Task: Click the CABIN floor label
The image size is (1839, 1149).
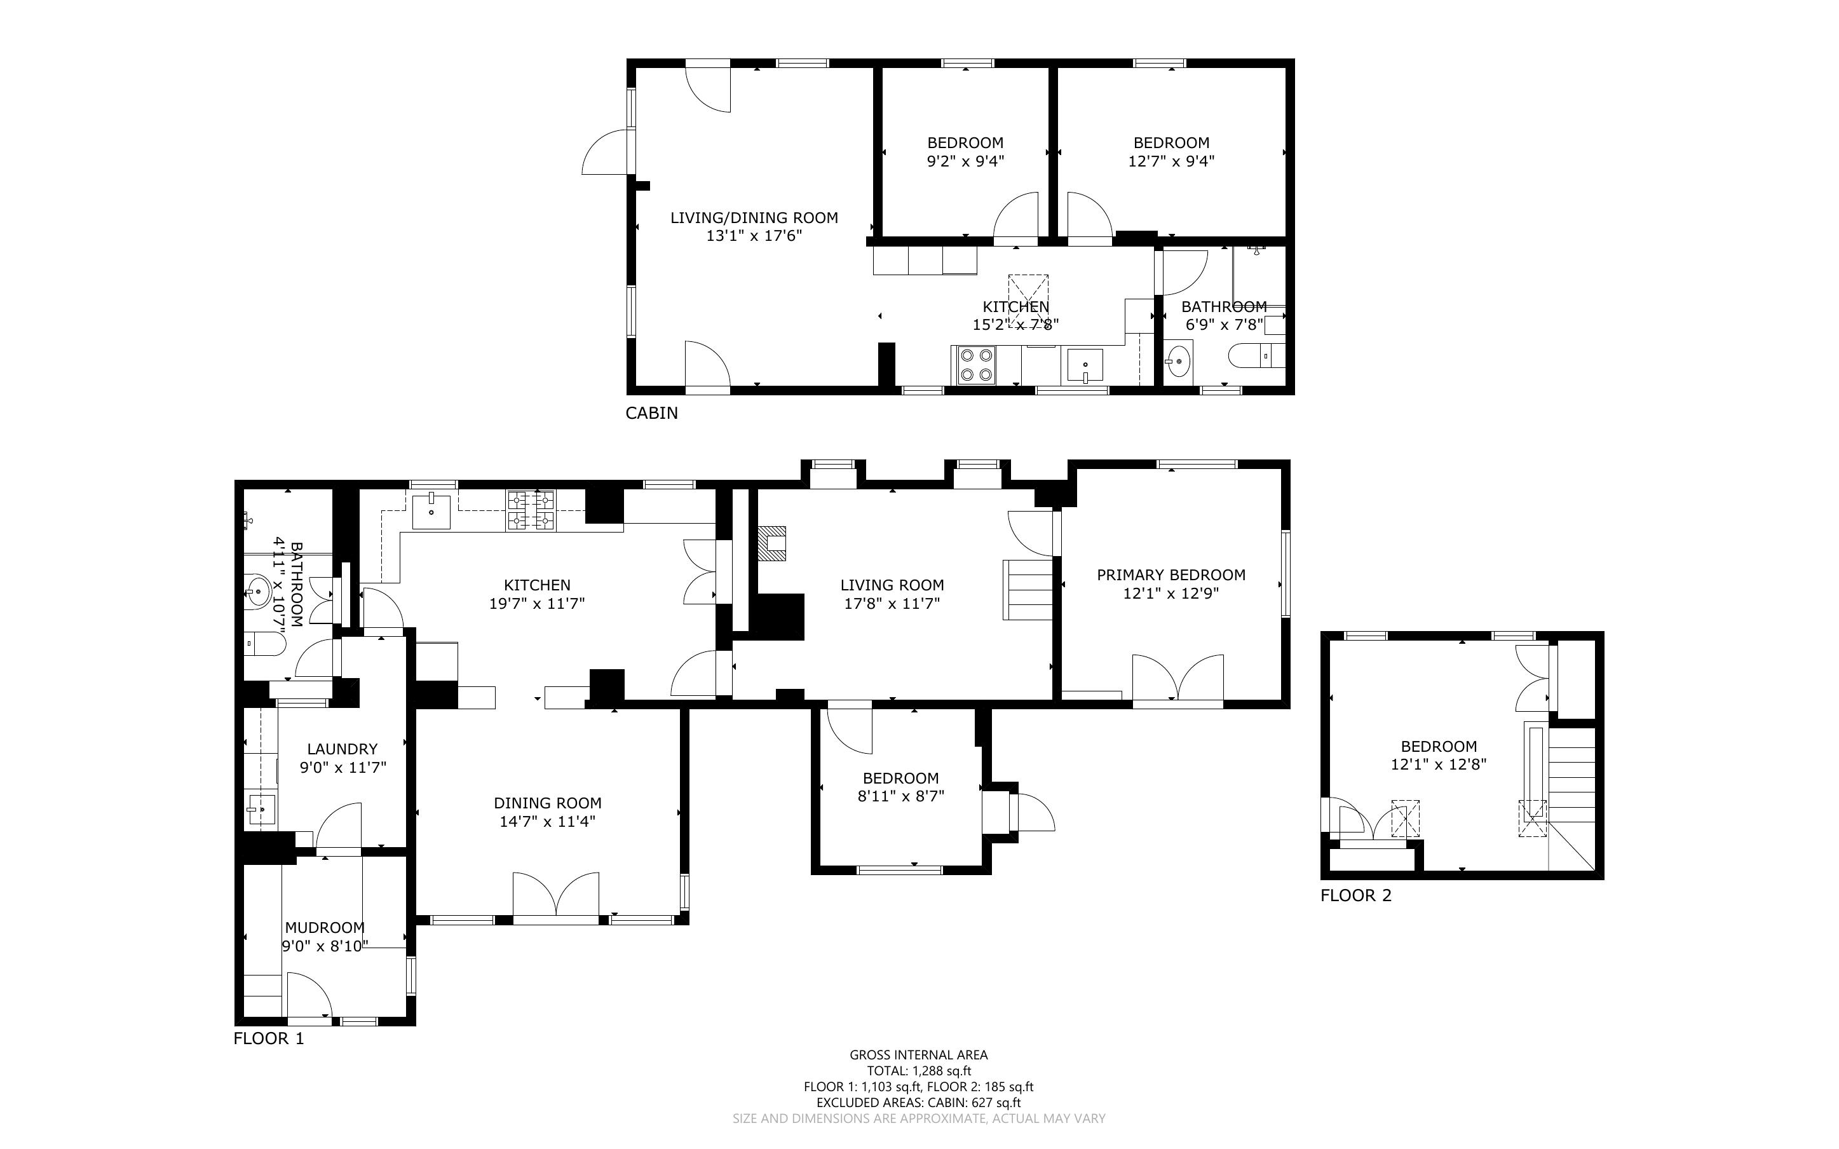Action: coord(651,412)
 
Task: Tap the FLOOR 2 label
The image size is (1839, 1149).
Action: coord(1356,895)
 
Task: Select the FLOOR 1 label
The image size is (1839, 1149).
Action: coord(269,1038)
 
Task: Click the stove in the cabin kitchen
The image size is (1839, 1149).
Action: coord(976,365)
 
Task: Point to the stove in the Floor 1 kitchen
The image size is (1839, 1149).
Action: coord(531,510)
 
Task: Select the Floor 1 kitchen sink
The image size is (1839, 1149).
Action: coord(431,509)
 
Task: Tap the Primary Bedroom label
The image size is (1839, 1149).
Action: coord(1171,575)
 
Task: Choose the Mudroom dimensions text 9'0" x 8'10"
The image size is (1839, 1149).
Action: coord(325,946)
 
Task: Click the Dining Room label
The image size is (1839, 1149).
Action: coord(547,803)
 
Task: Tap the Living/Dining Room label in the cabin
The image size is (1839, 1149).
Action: coord(754,218)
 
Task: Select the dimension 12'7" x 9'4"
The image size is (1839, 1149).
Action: coord(1171,161)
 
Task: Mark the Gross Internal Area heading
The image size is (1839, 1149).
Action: coord(918,1055)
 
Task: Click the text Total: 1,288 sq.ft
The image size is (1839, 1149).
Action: coord(918,1071)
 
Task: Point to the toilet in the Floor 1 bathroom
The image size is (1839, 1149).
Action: coord(264,644)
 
